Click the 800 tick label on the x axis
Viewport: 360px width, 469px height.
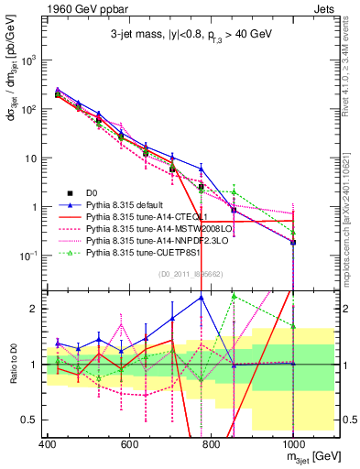point(211,443)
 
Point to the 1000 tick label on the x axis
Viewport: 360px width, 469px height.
point(293,443)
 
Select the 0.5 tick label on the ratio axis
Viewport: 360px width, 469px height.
point(29,420)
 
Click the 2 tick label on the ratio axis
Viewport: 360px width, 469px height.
point(33,309)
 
